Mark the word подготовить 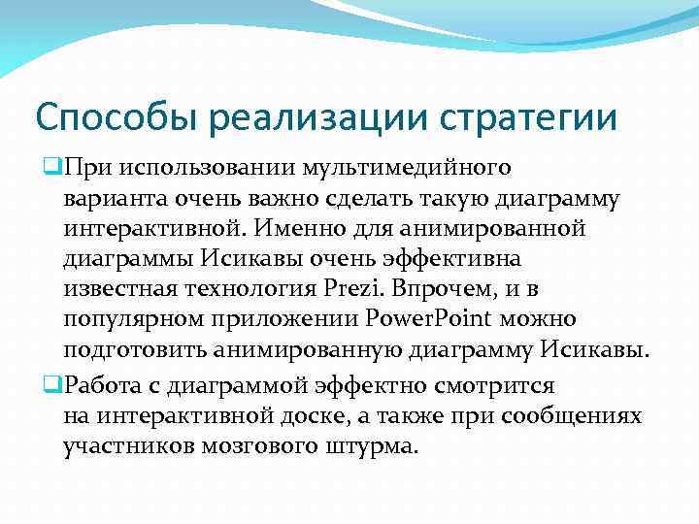pyautogui.click(x=126, y=349)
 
